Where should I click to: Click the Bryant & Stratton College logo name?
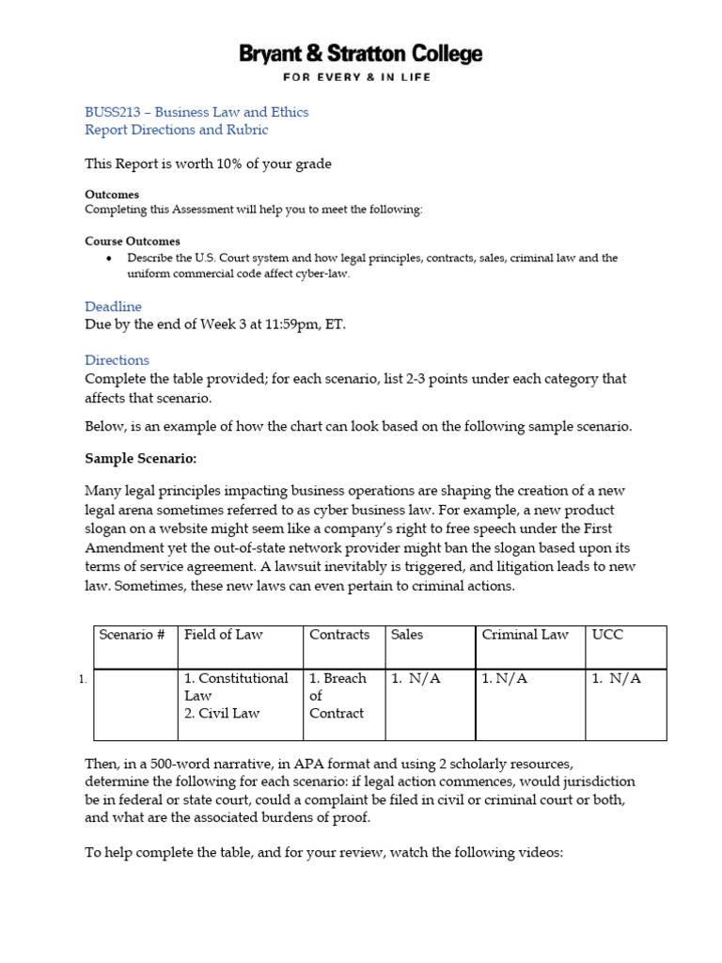click(x=360, y=54)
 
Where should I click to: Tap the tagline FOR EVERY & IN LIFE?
click(x=360, y=77)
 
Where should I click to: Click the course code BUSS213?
click(x=110, y=112)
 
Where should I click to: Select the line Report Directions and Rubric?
click(x=176, y=130)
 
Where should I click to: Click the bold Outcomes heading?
click(x=112, y=195)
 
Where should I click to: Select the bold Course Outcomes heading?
click(x=133, y=241)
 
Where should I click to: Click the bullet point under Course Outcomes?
click(x=110, y=258)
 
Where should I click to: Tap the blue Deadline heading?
click(x=113, y=307)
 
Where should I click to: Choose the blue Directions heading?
click(x=117, y=359)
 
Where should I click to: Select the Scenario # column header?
click(x=132, y=635)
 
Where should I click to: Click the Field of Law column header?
click(x=224, y=635)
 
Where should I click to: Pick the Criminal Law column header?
click(x=525, y=635)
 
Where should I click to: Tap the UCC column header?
click(x=607, y=635)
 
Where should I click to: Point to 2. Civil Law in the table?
click(x=222, y=713)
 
